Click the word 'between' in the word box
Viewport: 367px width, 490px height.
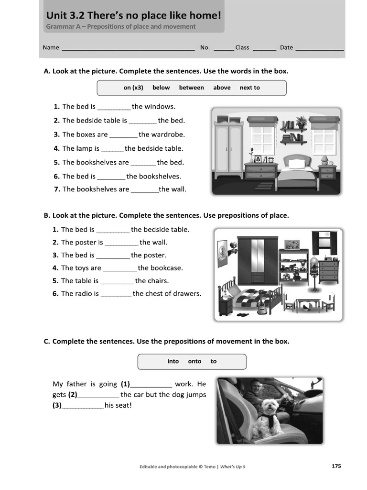191,88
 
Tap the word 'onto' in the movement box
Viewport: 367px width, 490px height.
194,361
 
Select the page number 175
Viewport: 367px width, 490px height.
336,466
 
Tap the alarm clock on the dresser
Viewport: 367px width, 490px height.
270,159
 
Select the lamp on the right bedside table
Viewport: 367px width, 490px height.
324,159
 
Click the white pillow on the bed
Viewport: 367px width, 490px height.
297,164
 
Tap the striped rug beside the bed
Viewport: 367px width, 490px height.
264,186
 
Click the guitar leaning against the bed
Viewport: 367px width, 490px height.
262,306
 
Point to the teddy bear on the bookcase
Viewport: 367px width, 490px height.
297,276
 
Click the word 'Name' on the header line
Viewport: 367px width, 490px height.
51,47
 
